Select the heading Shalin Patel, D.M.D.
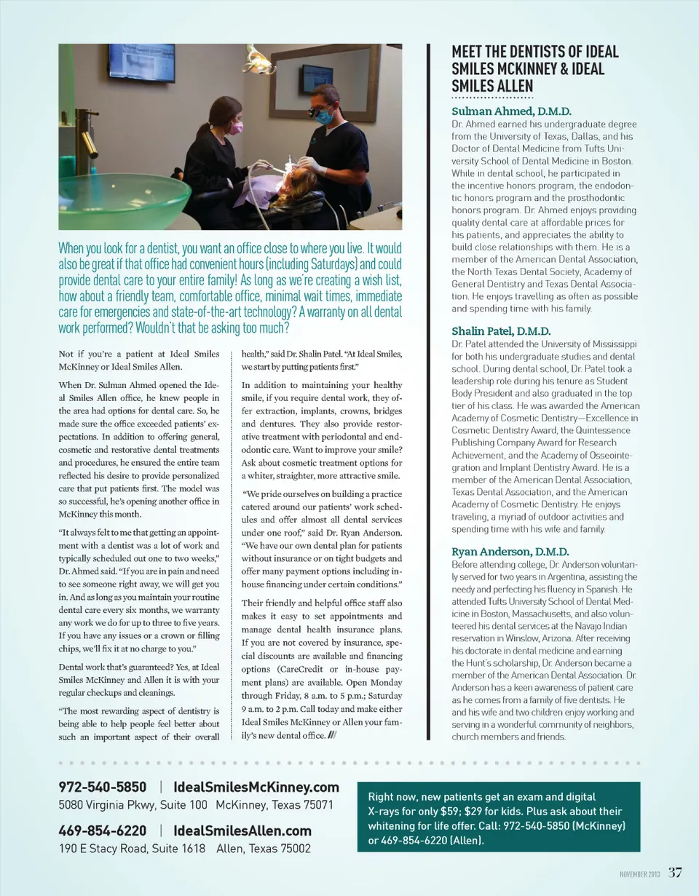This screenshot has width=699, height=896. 501,331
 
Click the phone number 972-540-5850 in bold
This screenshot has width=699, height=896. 103,787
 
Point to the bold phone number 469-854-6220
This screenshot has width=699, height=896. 103,830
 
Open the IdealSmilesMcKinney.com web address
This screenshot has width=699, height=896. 256,787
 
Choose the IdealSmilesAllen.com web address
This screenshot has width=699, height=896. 242,830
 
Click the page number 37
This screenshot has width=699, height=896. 675,872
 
